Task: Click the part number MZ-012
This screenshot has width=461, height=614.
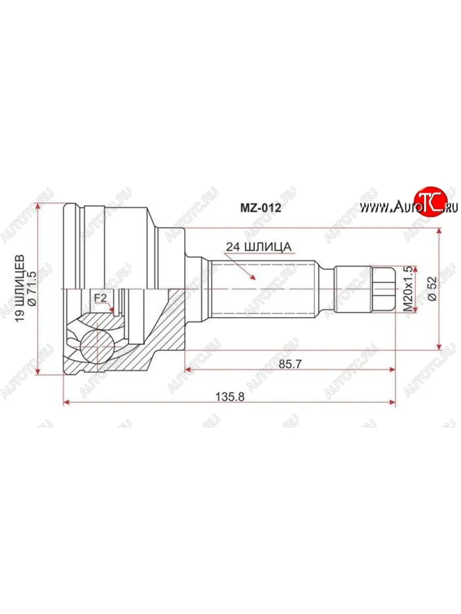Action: tap(261, 208)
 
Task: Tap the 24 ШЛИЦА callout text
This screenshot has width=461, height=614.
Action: tap(259, 247)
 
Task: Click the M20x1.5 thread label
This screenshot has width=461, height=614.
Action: tap(408, 289)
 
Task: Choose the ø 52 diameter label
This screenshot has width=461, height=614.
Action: tap(432, 289)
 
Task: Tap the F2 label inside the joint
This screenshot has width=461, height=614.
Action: tap(100, 298)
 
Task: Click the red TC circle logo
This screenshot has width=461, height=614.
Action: tap(427, 203)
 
